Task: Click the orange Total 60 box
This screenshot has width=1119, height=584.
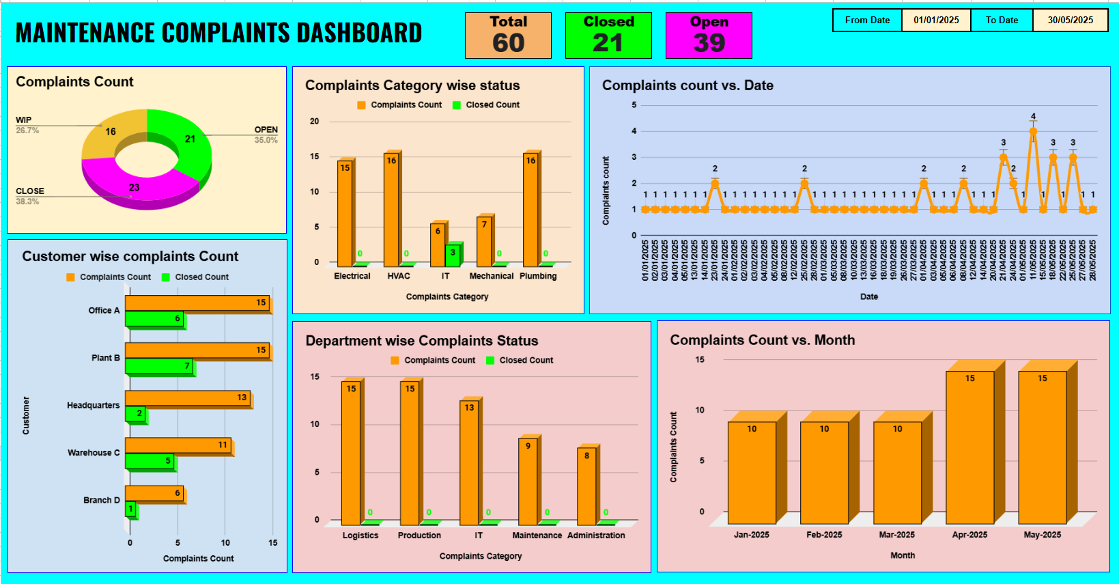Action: (x=508, y=36)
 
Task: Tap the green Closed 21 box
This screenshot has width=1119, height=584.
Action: (x=608, y=36)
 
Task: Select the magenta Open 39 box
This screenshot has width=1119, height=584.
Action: (x=708, y=36)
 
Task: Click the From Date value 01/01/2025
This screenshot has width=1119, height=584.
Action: (x=936, y=20)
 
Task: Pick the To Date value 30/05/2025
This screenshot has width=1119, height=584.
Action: (x=1070, y=20)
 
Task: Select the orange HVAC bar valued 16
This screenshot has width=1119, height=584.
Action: (x=391, y=208)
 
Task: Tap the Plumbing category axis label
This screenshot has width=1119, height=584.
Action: (x=538, y=276)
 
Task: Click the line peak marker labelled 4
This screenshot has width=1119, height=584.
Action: (x=1033, y=132)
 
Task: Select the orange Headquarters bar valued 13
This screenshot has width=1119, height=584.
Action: (x=188, y=398)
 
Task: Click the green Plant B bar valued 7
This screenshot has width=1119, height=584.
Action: (x=159, y=366)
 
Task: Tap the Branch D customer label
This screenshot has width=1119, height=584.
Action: (x=101, y=500)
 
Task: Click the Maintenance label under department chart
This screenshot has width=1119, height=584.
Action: (x=537, y=536)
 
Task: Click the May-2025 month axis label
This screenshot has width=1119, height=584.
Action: (x=1042, y=535)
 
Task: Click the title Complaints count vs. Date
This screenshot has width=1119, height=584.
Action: (x=687, y=85)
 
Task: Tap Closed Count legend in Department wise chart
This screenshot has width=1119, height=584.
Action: (x=526, y=360)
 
